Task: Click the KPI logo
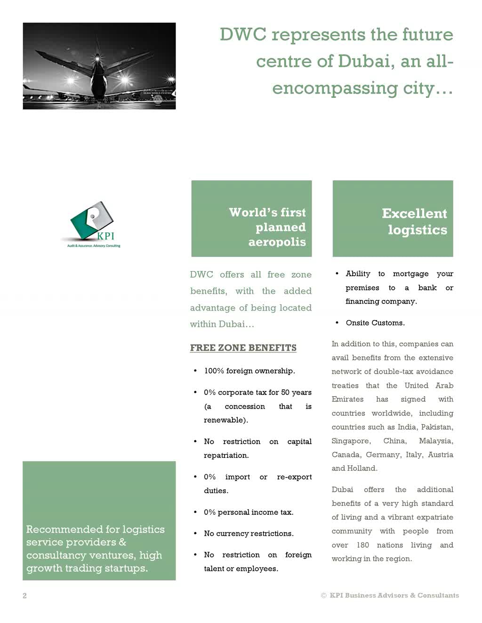point(93,224)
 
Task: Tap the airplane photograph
point(99,66)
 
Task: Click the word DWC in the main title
point(242,35)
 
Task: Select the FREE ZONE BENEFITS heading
point(243,348)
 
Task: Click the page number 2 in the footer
point(24,596)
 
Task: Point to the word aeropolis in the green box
point(277,242)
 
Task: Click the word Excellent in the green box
point(414,213)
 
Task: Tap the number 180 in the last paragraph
point(362,545)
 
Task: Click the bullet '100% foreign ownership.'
point(249,371)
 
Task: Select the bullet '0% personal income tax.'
point(248,512)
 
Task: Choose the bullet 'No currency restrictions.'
point(248,533)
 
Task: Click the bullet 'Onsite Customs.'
point(375,323)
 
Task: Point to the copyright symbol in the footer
point(323,596)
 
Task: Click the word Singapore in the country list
point(350,441)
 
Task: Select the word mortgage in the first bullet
point(410,273)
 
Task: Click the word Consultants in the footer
point(438,595)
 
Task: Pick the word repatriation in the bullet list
point(226,455)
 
